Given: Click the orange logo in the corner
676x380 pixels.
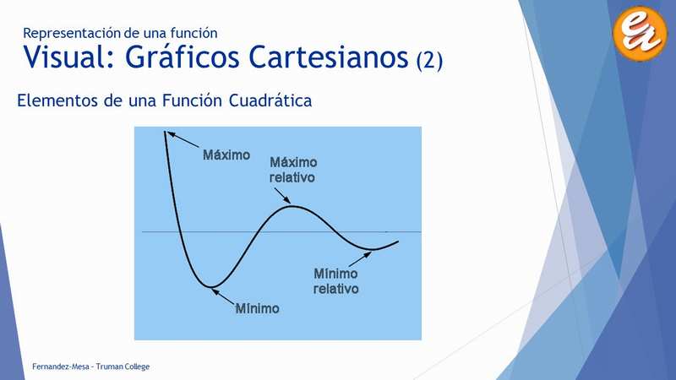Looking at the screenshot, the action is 640,33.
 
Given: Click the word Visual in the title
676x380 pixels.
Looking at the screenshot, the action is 69,57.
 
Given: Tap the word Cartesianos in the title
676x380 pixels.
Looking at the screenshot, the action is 329,57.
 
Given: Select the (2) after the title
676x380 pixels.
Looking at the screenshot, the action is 429,60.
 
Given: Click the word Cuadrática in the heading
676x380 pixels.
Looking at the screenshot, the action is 270,100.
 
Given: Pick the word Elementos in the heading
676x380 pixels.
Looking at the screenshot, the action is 57,100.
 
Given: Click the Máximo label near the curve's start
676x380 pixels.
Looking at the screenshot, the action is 226,155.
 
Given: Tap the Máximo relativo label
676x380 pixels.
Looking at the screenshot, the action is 293,170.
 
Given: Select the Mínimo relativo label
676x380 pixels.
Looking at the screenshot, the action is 335,281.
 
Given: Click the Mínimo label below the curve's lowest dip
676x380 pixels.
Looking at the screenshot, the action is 258,308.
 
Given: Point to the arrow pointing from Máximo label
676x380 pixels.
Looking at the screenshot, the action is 183,139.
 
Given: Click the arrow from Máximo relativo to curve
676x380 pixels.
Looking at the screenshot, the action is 282,195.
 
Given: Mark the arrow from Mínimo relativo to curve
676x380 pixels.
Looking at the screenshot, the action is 360,259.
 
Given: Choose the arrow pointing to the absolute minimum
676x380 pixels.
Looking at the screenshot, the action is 223,297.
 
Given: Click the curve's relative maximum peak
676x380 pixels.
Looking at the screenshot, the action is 292,206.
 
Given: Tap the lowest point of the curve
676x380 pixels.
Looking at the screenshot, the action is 210,286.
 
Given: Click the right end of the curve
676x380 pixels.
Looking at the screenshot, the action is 397,242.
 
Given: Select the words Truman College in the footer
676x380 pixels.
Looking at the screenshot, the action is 123,366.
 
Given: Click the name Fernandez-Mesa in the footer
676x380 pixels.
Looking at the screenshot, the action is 60,366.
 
